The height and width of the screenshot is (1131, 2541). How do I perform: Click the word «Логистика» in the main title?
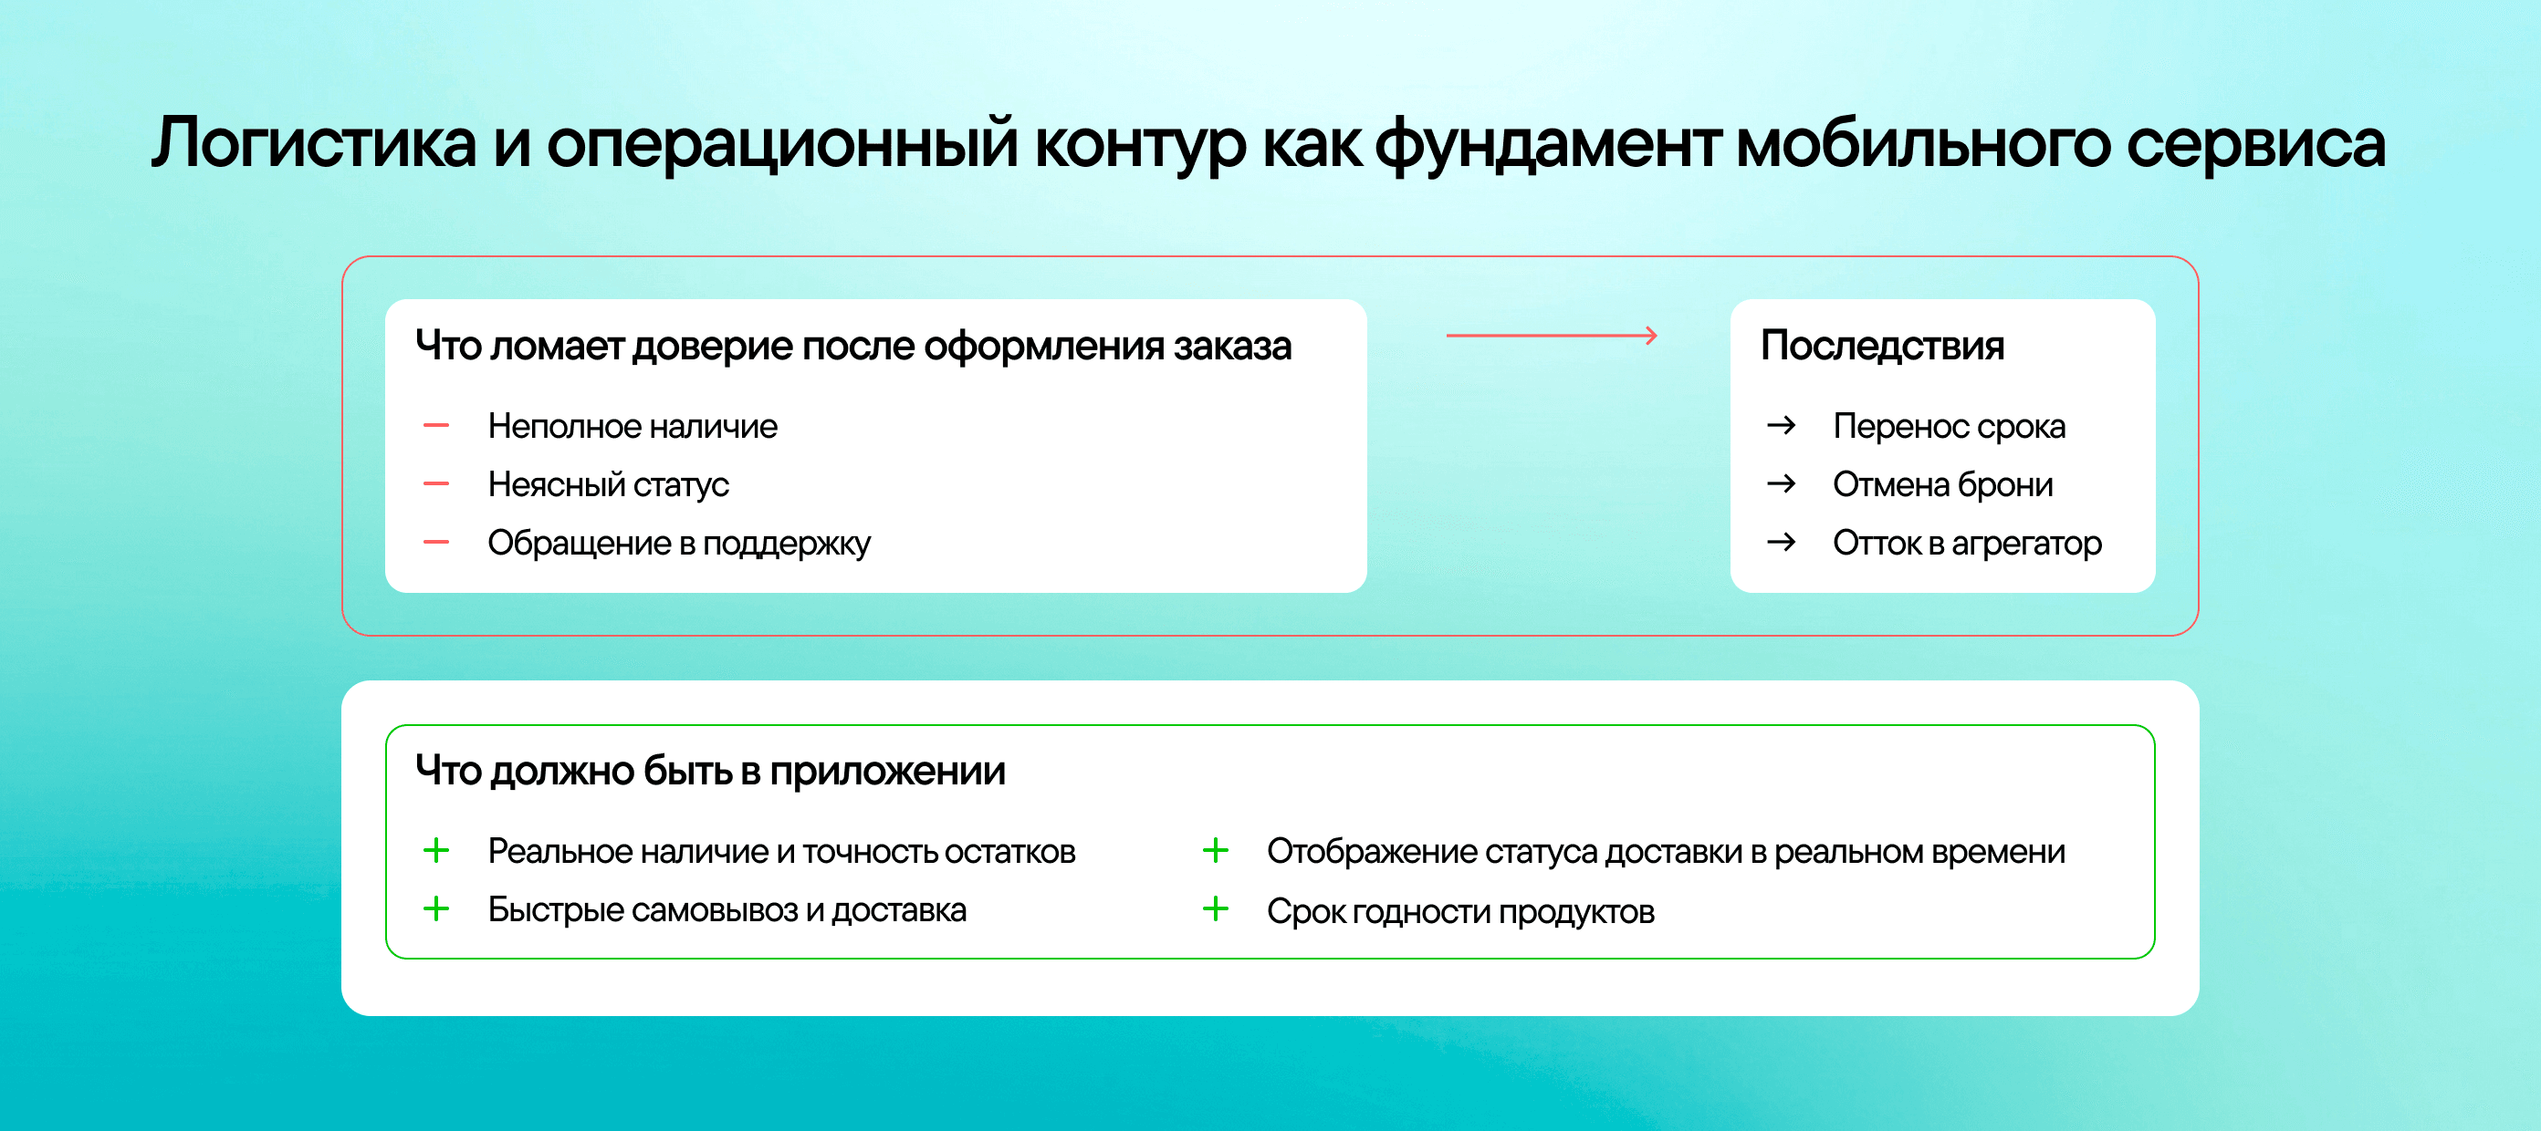pyautogui.click(x=315, y=142)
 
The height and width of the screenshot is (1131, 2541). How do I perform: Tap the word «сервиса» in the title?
pyautogui.click(x=2256, y=144)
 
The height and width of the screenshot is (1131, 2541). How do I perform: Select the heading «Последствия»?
pyautogui.click(x=1882, y=346)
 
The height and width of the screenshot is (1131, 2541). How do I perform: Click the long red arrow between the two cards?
pyautogui.click(x=1552, y=337)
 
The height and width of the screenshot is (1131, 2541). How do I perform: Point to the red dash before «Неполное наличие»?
pyautogui.click(x=436, y=426)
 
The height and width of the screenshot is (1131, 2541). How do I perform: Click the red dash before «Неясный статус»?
pyautogui.click(x=436, y=484)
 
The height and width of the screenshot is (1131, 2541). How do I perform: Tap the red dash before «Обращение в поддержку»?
pyautogui.click(x=436, y=543)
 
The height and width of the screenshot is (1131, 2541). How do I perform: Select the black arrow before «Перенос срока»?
pyautogui.click(x=1782, y=426)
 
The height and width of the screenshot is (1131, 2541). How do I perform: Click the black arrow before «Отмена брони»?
pyautogui.click(x=1782, y=484)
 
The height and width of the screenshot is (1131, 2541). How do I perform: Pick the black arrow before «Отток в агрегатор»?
pyautogui.click(x=1782, y=543)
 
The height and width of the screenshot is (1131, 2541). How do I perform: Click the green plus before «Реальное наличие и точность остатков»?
pyautogui.click(x=436, y=850)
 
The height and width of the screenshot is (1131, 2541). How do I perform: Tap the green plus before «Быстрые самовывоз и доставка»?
pyautogui.click(x=436, y=908)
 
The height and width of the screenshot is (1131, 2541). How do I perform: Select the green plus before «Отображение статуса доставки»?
pyautogui.click(x=1215, y=850)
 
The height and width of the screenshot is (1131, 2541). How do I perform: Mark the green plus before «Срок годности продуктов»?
pyautogui.click(x=1215, y=908)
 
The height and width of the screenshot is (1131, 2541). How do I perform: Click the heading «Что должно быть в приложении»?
pyautogui.click(x=710, y=771)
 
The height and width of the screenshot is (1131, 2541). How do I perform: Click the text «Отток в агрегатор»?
pyautogui.click(x=1967, y=544)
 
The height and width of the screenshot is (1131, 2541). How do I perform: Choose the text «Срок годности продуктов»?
pyautogui.click(x=1461, y=911)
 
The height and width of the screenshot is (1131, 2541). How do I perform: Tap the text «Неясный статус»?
pyautogui.click(x=609, y=485)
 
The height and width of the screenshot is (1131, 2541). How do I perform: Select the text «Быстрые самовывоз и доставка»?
pyautogui.click(x=727, y=910)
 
